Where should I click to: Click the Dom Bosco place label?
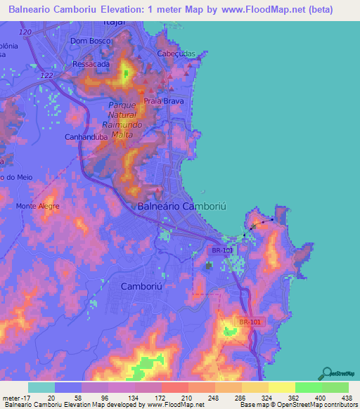coord(88,41)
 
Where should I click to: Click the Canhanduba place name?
coord(85,136)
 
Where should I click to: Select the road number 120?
coord(26,33)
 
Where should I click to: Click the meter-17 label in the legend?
coord(14,397)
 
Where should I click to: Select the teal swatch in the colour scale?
coord(41,387)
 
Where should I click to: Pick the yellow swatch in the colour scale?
coord(281,387)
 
